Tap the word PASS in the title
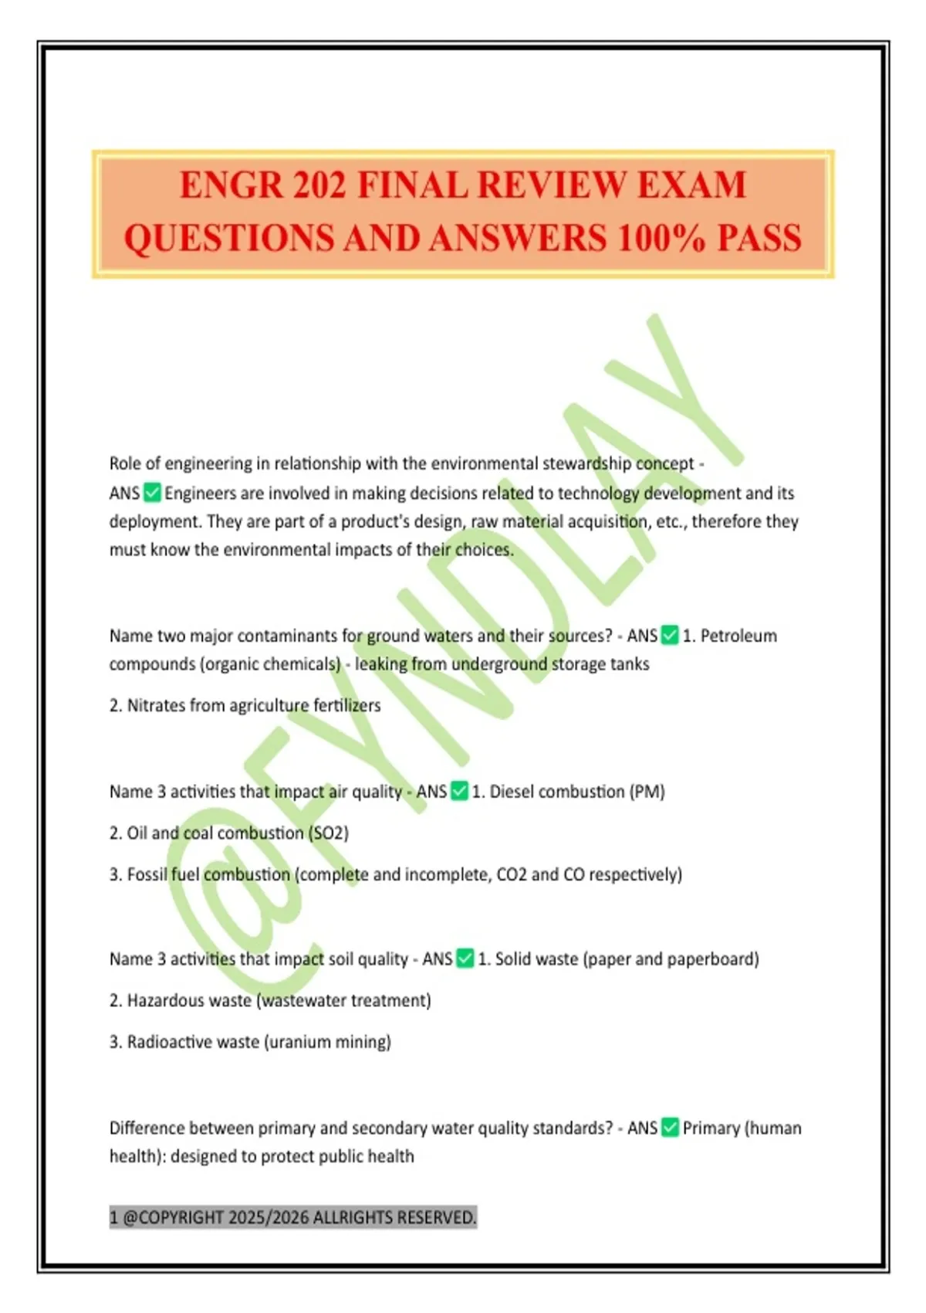coord(759,238)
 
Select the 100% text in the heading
coord(661,238)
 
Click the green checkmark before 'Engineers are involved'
coord(153,493)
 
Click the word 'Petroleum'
coord(738,636)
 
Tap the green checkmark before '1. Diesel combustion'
coord(459,792)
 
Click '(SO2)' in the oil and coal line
coord(328,833)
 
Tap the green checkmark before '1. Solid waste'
coord(465,958)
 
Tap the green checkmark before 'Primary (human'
coord(670,1128)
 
